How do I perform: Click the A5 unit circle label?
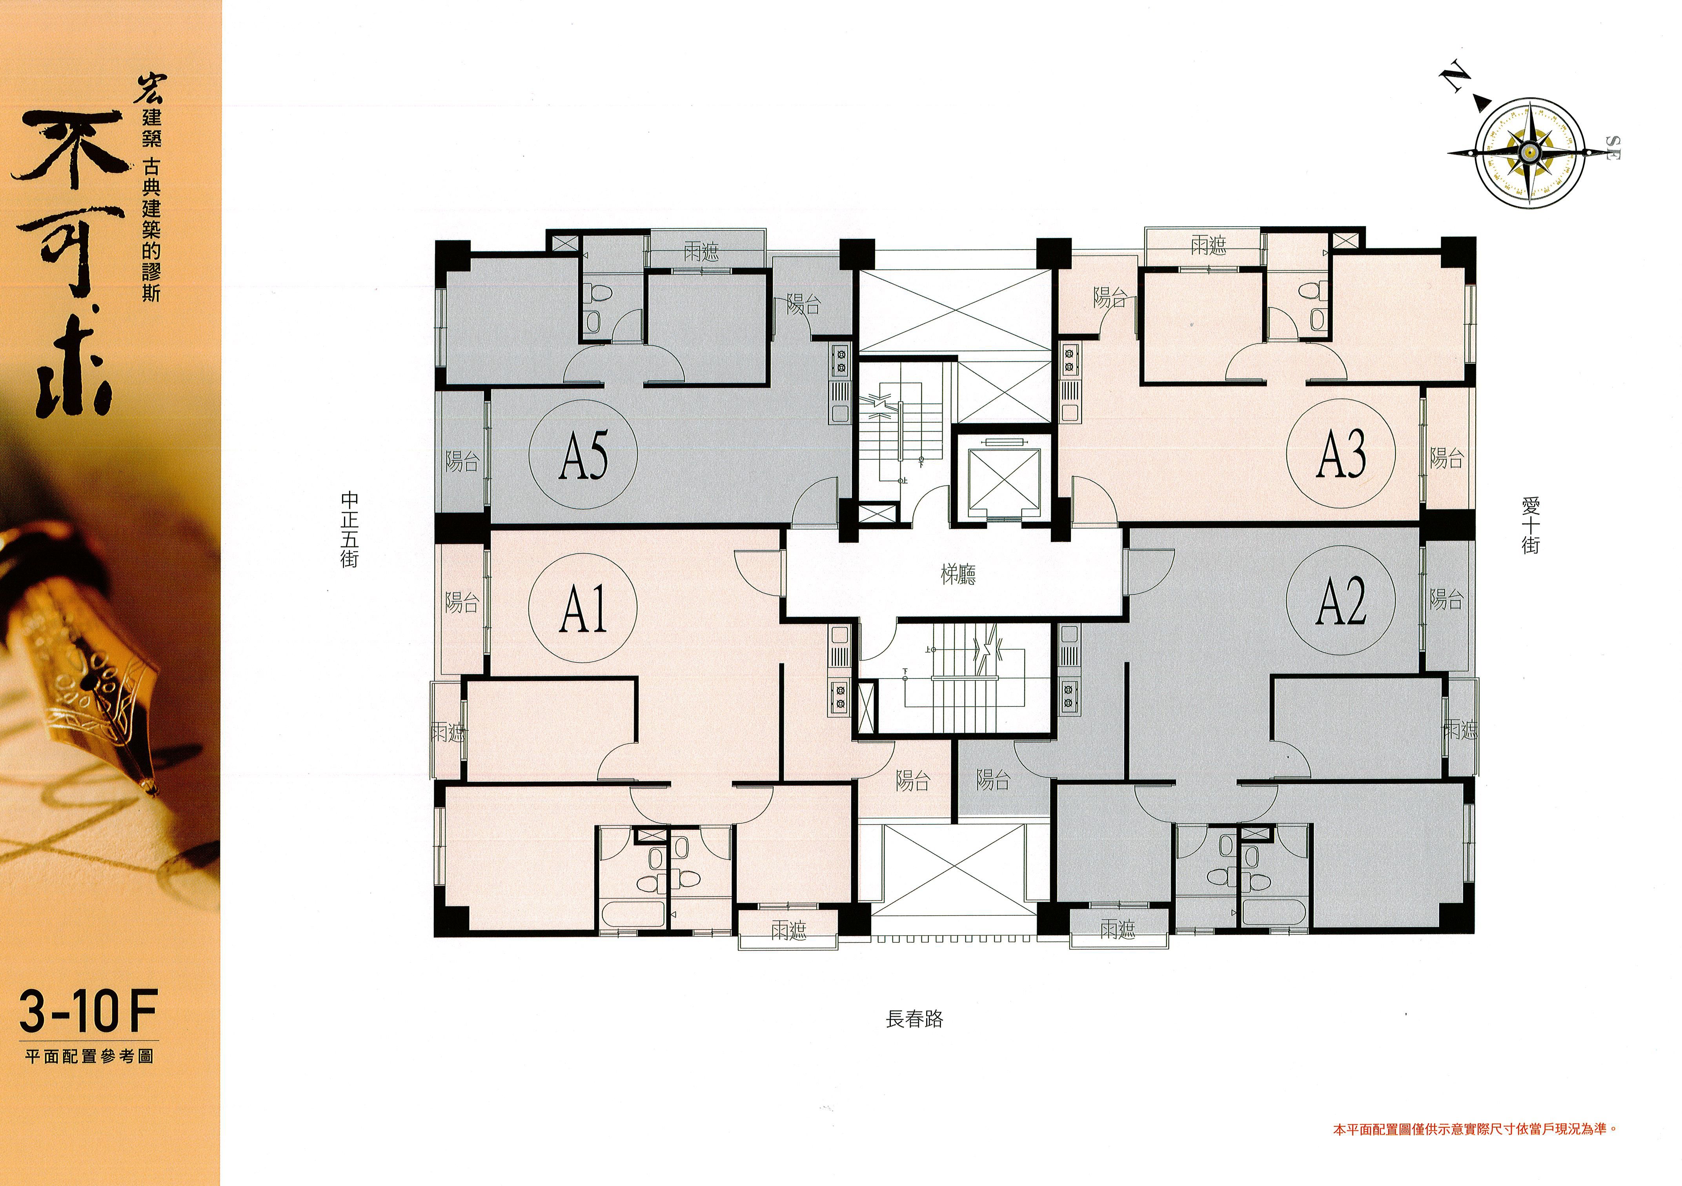[x=583, y=454]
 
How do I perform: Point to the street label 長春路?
[x=914, y=1019]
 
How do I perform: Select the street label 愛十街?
[x=1530, y=525]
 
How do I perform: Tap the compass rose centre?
[x=1530, y=152]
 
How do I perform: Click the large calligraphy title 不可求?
[x=69, y=264]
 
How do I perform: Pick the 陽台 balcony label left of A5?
[x=462, y=462]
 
